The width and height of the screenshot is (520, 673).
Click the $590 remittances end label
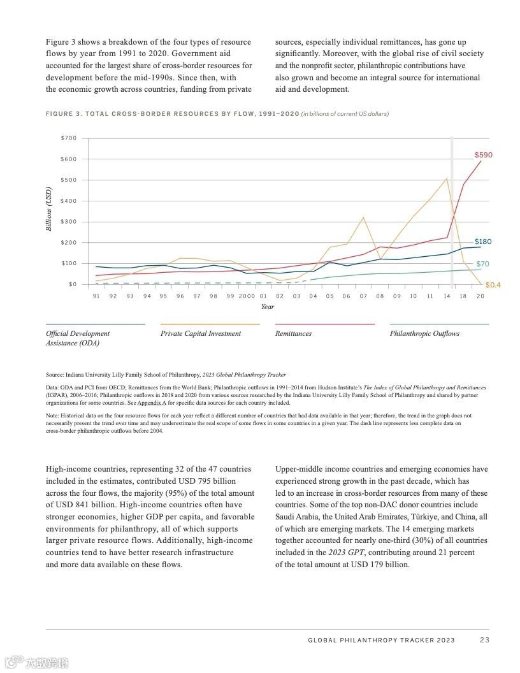pos(483,155)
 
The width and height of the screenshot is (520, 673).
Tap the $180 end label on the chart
pos(482,242)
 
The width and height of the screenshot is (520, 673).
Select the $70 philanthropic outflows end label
pos(482,264)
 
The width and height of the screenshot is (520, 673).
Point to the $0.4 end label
pos(493,285)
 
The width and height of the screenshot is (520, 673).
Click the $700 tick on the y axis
pos(69,138)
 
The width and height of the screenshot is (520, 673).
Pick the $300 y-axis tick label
pos(69,222)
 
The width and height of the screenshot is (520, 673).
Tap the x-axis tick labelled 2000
pos(247,296)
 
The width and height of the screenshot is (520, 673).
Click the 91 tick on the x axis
pos(96,296)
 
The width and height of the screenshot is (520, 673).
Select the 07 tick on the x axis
pos(363,296)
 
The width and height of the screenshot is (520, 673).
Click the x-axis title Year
pos(268,307)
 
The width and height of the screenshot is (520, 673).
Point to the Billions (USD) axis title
pos(49,209)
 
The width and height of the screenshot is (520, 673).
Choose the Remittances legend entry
pos(293,333)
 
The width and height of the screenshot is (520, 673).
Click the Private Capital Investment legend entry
pos(201,333)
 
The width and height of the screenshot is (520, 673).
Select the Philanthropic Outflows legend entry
pos(424,333)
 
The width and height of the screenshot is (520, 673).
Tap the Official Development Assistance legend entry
pos(78,338)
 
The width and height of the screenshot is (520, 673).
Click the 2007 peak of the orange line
pos(363,217)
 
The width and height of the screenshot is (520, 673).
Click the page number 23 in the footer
pos(484,640)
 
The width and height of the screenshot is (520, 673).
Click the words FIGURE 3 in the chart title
pos(63,114)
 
